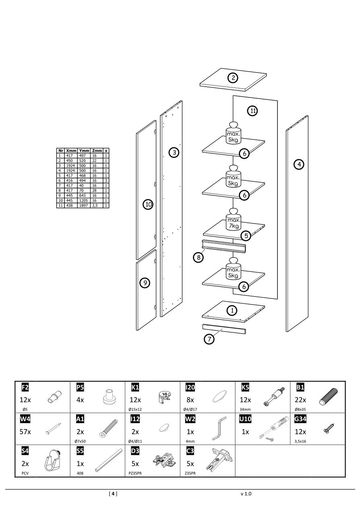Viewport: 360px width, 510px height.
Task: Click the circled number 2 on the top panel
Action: point(233,78)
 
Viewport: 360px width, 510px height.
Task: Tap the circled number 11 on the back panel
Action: point(252,111)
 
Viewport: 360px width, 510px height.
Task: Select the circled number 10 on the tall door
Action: point(148,205)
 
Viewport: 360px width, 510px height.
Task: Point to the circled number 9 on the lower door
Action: point(145,283)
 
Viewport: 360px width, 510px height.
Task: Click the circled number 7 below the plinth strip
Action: point(209,339)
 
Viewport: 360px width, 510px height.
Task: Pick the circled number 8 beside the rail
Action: point(198,257)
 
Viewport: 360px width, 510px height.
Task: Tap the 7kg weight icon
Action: point(234,223)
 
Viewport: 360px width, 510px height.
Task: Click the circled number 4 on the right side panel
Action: point(298,164)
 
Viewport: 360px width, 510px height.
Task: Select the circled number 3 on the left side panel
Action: point(174,152)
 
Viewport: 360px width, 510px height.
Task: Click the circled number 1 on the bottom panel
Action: point(232,310)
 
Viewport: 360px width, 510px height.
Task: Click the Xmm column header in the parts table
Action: point(71,151)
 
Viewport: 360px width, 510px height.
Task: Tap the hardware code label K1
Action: point(135,388)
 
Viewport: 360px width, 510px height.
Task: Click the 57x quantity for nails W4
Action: point(25,431)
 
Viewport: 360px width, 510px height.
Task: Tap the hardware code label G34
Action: point(301,419)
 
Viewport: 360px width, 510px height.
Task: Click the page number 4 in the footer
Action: point(113,493)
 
